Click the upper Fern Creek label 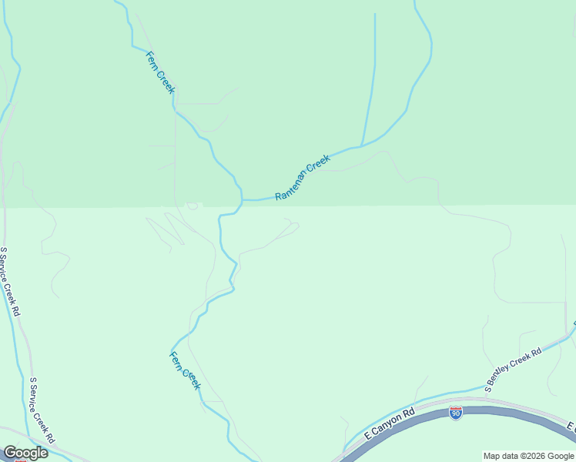click(x=161, y=72)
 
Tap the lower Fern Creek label click(x=185, y=370)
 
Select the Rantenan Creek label click(x=303, y=177)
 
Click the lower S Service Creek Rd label click(x=42, y=409)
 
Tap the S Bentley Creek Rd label click(x=513, y=369)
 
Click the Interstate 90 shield click(x=456, y=413)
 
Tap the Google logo click(x=25, y=453)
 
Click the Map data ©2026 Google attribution click(x=529, y=456)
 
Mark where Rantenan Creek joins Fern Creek click(x=242, y=200)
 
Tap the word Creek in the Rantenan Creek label click(x=319, y=164)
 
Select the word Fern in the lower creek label click(x=176, y=358)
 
